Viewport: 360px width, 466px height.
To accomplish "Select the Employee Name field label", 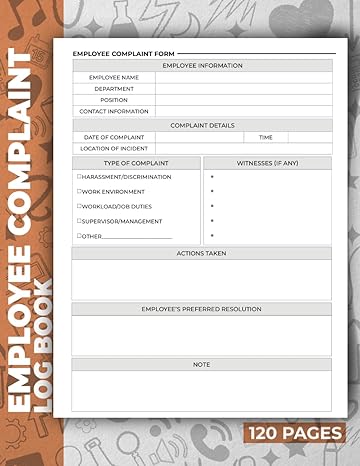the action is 113,77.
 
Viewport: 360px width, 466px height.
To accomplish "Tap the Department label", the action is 113,88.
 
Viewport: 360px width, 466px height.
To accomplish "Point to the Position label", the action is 113,100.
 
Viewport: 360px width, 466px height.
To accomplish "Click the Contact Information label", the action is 113,112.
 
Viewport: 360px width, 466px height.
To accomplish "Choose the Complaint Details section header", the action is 201,125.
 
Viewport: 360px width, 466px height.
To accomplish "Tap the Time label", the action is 265,137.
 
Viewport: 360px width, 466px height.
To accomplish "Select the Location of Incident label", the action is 113,148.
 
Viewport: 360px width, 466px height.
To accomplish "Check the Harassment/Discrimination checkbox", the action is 79,176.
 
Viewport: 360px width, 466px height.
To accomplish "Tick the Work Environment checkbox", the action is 79,191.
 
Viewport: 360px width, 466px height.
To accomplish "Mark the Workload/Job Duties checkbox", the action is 79,206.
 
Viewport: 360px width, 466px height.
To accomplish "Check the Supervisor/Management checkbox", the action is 79,221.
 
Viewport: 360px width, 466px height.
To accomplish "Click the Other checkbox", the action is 79,236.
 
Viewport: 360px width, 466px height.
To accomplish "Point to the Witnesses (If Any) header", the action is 267,162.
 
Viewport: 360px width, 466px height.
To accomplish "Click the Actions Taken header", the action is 201,253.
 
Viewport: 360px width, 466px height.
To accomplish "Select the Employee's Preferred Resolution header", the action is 201,309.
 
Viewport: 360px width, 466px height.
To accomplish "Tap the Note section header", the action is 201,365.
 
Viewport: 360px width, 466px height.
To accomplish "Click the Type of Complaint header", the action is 136,162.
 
